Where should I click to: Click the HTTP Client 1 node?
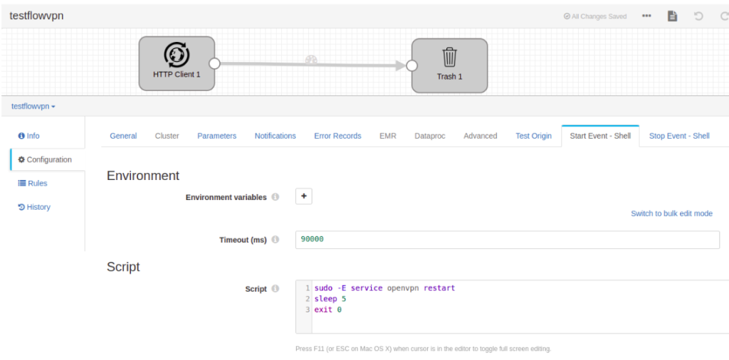pyautogui.click(x=177, y=63)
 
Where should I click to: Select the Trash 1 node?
pyautogui.click(x=450, y=65)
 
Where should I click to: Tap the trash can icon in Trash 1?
pyautogui.click(x=450, y=57)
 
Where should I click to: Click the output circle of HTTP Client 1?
pyautogui.click(x=214, y=63)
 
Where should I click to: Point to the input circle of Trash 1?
pyautogui.click(x=411, y=65)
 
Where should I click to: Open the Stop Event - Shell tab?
pyautogui.click(x=679, y=136)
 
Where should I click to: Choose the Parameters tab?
pyautogui.click(x=216, y=136)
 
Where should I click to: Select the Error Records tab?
pyautogui.click(x=337, y=136)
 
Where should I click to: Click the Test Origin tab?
pyautogui.click(x=533, y=136)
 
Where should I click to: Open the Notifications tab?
pyautogui.click(x=276, y=136)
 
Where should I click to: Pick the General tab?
pyautogui.click(x=123, y=136)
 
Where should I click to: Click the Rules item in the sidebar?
pyautogui.click(x=33, y=183)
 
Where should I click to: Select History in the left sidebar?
pyautogui.click(x=34, y=207)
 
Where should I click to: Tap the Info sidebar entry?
pyautogui.click(x=28, y=136)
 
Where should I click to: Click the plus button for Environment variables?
pyautogui.click(x=304, y=196)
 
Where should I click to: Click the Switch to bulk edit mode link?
pyautogui.click(x=671, y=213)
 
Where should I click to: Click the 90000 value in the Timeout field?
pyautogui.click(x=312, y=239)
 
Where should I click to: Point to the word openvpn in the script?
pyautogui.click(x=404, y=288)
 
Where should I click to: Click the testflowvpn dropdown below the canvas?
pyautogui.click(x=33, y=107)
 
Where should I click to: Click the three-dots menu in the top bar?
pyautogui.click(x=646, y=16)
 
